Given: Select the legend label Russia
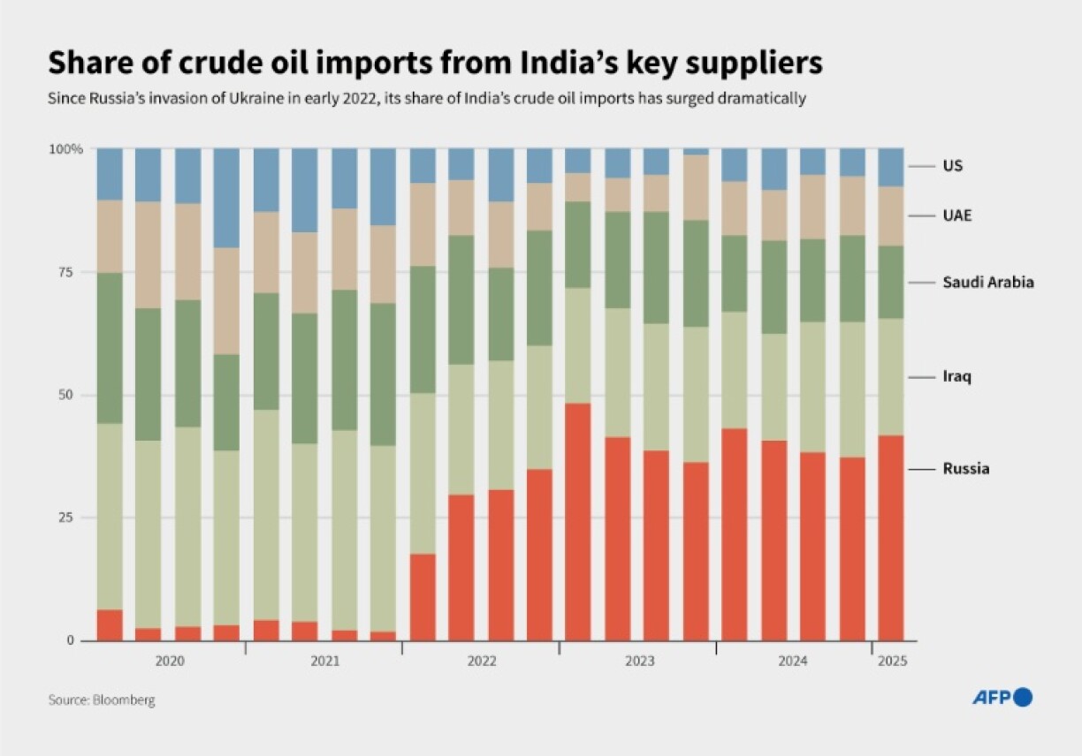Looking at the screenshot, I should [965, 469].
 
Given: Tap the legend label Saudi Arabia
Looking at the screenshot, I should [987, 283].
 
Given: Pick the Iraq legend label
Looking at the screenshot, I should [956, 377].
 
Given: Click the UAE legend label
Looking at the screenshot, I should [957, 215].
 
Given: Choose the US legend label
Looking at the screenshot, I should [952, 166].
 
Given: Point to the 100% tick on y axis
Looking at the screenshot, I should [65, 149].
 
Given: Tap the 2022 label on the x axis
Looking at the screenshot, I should [481, 661].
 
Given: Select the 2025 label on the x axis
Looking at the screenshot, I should [892, 661].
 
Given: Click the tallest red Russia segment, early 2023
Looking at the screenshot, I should [578, 521].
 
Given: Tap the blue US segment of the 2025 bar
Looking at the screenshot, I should [891, 167].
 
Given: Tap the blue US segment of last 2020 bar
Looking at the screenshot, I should [226, 198].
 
